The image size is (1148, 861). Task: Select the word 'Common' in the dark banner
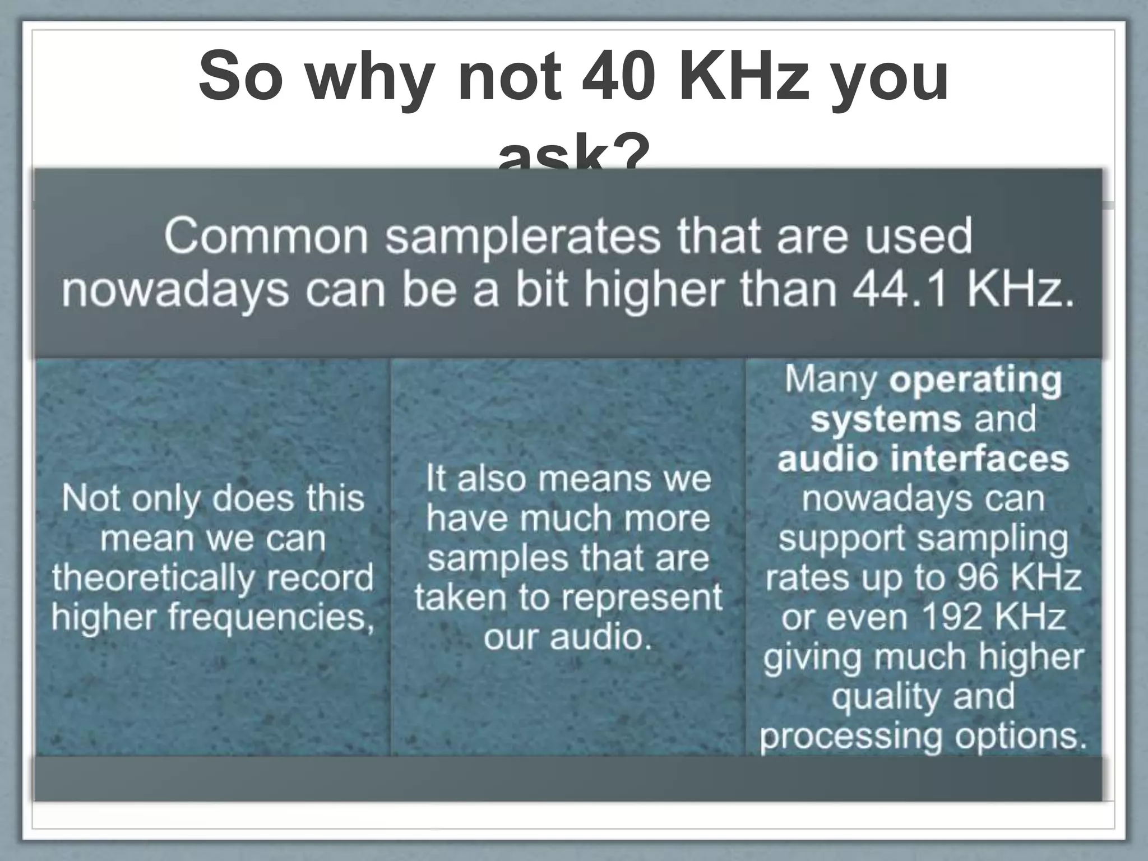click(x=266, y=237)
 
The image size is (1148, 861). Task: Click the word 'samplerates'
click(x=523, y=237)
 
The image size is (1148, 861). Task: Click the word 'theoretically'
click(x=153, y=578)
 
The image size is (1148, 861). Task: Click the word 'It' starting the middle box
click(x=436, y=479)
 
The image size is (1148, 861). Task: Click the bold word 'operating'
click(x=975, y=381)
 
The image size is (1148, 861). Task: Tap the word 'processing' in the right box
click(x=851, y=736)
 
